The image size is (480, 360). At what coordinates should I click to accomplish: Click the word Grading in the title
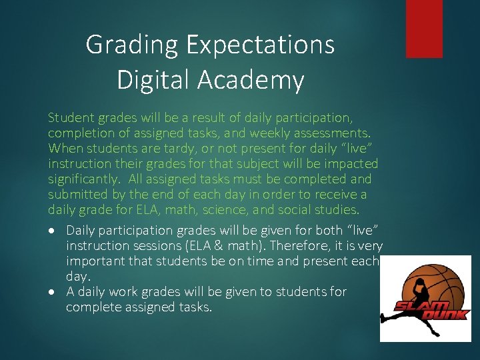(132, 45)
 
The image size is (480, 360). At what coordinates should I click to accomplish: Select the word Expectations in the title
(260, 45)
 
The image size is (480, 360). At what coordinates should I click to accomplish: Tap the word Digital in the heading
(153, 80)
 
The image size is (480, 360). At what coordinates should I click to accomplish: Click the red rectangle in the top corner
(424, 28)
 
